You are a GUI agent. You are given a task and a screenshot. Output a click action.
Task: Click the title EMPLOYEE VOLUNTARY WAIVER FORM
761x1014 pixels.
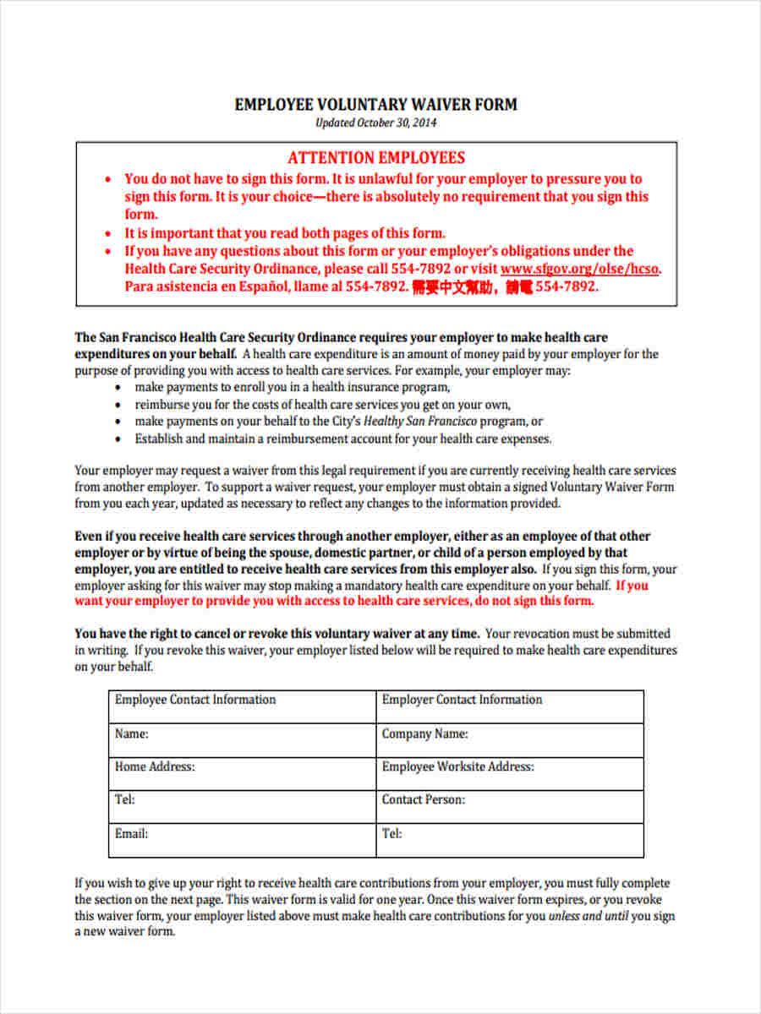(x=375, y=105)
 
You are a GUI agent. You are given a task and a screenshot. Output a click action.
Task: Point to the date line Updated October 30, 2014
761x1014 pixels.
(x=375, y=123)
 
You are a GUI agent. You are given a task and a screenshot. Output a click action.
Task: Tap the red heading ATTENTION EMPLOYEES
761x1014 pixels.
(x=375, y=158)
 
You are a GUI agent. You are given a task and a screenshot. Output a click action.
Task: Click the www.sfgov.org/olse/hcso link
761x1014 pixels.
(x=579, y=269)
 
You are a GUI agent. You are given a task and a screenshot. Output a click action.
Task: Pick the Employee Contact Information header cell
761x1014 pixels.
(x=242, y=706)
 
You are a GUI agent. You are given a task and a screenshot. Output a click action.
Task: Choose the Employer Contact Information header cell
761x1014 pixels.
(x=509, y=706)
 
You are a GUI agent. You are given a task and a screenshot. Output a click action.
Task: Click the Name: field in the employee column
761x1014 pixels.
(x=242, y=740)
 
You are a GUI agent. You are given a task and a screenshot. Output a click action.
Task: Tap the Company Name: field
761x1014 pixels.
(x=509, y=740)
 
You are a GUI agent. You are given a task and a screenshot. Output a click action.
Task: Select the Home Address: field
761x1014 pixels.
(x=242, y=773)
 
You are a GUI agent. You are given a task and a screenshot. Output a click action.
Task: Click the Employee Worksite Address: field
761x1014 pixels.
(x=509, y=773)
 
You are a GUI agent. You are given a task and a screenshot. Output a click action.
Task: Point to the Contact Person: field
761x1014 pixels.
(x=509, y=807)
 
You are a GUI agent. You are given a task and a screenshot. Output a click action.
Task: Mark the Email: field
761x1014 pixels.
(x=242, y=840)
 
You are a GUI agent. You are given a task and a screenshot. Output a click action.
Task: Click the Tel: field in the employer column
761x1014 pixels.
(x=509, y=840)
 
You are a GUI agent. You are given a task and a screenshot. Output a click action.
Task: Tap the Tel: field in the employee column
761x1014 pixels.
(x=242, y=807)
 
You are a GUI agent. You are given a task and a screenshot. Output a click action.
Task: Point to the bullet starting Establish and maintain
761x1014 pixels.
(x=342, y=439)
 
